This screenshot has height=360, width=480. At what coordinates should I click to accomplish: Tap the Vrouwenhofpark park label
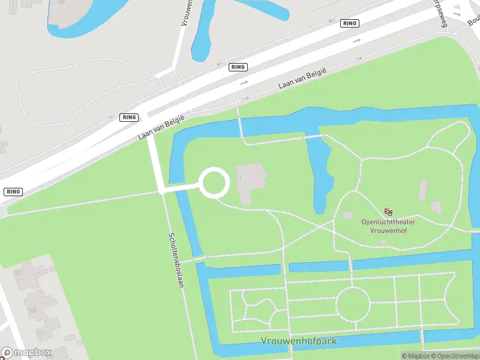[x=299, y=341]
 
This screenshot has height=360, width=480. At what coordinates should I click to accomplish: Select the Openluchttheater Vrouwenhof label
[x=388, y=226]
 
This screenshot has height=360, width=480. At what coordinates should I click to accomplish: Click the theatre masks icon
[x=388, y=212]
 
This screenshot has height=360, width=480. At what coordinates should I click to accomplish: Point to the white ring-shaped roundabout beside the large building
[x=214, y=183]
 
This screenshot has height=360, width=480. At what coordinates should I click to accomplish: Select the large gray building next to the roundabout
[x=251, y=181]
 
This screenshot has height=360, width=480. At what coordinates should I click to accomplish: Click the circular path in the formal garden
[x=352, y=304]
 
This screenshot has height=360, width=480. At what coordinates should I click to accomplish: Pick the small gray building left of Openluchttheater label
[x=347, y=215]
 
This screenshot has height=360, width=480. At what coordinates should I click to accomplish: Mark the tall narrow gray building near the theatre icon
[x=423, y=190]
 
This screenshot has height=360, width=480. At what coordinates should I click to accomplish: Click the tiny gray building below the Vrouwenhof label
[x=383, y=241]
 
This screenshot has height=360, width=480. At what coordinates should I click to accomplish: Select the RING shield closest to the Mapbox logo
[x=13, y=191]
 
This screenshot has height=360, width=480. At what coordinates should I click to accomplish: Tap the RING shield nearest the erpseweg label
[x=349, y=23]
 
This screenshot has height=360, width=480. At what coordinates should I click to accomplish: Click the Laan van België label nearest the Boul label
[x=302, y=79]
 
